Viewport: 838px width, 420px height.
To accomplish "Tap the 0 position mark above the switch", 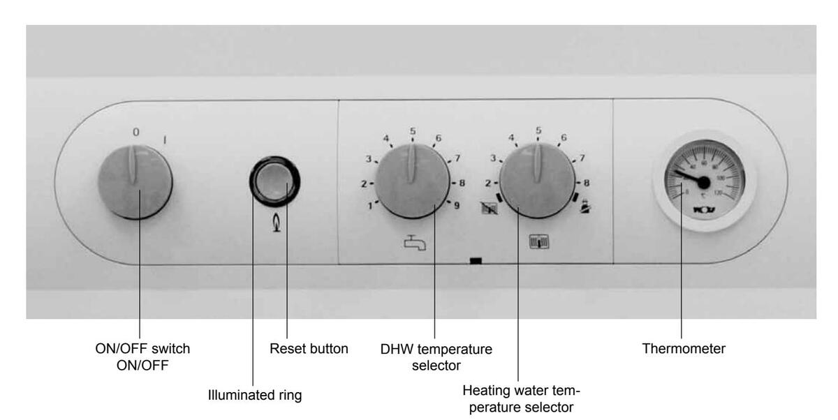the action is click(136, 132).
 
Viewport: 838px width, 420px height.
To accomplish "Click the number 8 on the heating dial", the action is click(587, 183).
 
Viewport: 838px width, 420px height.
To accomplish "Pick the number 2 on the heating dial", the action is click(489, 183).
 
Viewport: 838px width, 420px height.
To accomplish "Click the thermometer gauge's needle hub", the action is click(703, 183).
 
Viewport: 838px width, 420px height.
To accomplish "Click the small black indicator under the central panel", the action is click(476, 262).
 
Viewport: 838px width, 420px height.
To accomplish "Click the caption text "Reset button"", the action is click(309, 349).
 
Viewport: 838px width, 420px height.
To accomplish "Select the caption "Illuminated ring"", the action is click(255, 396).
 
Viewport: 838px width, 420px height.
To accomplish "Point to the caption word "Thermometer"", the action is click(684, 349).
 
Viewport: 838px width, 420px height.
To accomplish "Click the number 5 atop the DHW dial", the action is click(413, 130).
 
